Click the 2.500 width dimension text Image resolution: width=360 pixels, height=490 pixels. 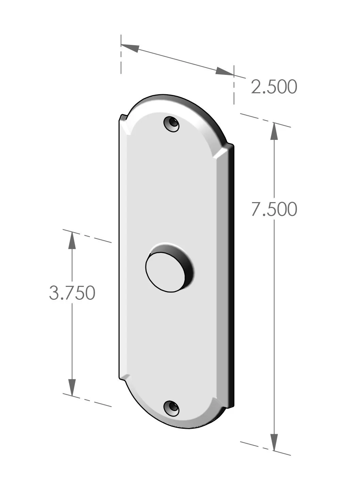(x=274, y=87)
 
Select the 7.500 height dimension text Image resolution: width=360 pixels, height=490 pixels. (x=274, y=209)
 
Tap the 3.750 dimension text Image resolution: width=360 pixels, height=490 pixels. (x=72, y=293)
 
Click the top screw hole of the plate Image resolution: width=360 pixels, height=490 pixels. (x=171, y=124)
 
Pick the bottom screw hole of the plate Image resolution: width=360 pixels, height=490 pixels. (x=171, y=408)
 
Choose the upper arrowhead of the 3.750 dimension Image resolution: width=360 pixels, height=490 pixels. (x=72, y=240)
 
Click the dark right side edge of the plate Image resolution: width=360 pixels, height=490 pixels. (x=232, y=272)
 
